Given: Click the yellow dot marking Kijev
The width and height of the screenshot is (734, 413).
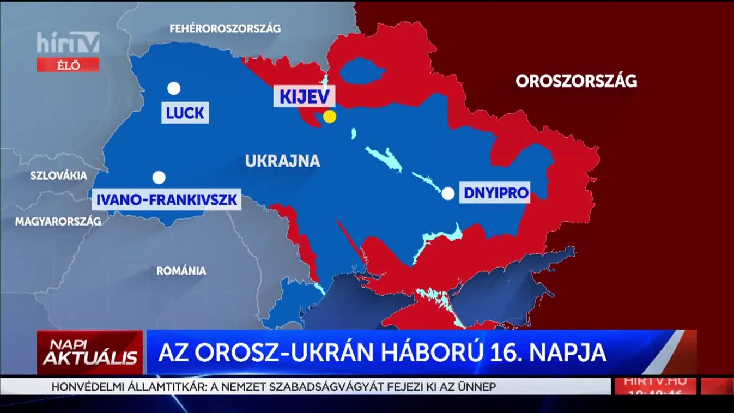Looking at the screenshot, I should pyautogui.click(x=329, y=116).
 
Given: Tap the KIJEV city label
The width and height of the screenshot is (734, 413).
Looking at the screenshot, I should pyautogui.click(x=305, y=97).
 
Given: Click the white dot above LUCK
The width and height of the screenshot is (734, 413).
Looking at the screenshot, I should pyautogui.click(x=174, y=88).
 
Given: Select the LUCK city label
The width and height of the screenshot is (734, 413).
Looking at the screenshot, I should pyautogui.click(x=185, y=113).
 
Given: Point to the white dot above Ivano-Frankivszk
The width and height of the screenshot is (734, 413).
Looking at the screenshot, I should pyautogui.click(x=159, y=178).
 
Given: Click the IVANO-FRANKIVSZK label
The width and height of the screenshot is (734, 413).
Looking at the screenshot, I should pyautogui.click(x=167, y=200).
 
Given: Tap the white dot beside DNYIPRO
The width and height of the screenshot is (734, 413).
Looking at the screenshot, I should pyautogui.click(x=448, y=193).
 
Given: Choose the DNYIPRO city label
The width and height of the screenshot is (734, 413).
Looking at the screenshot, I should pyautogui.click(x=495, y=193).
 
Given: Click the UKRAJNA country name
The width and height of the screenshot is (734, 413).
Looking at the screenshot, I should pyautogui.click(x=282, y=161).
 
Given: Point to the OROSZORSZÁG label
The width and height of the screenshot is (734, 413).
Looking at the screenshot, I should pyautogui.click(x=576, y=81).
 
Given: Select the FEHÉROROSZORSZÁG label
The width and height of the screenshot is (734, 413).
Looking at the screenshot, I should pyautogui.click(x=225, y=28).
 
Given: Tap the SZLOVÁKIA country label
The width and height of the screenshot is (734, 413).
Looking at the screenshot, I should pyautogui.click(x=58, y=176).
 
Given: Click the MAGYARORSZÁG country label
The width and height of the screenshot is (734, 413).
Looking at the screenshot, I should pyautogui.click(x=58, y=222).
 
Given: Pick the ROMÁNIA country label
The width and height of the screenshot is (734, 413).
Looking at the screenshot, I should pyautogui.click(x=181, y=271).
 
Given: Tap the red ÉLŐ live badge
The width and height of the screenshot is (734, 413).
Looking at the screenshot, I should pyautogui.click(x=68, y=65).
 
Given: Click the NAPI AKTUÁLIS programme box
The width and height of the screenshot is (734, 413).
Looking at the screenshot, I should pyautogui.click(x=90, y=353).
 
